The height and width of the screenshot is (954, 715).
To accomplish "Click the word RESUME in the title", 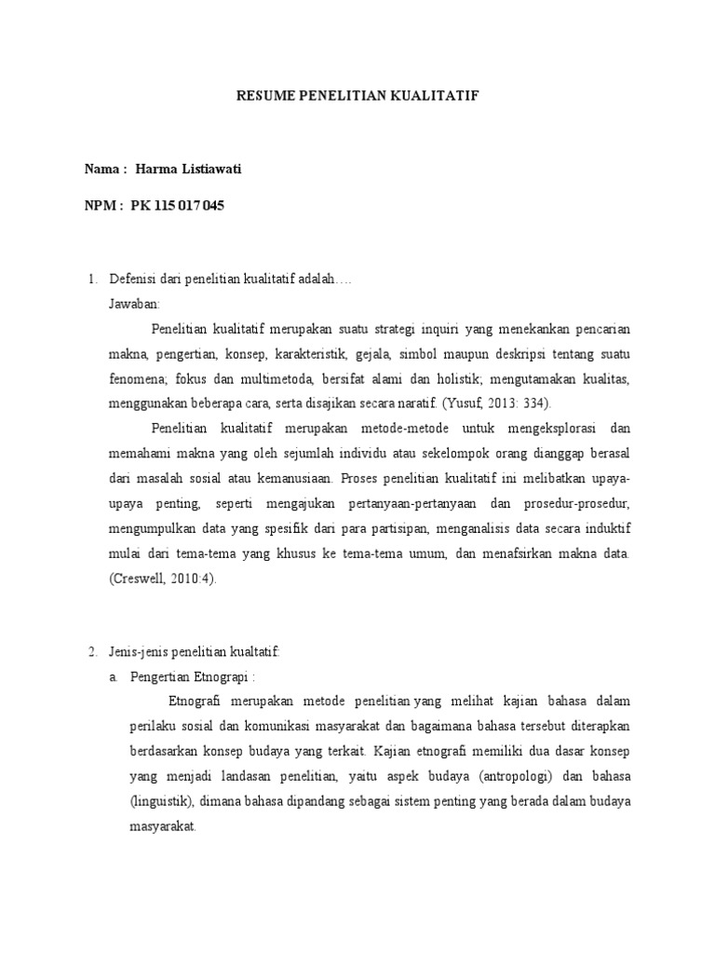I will click(x=266, y=96).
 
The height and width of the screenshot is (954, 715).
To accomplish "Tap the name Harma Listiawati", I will click(x=194, y=168).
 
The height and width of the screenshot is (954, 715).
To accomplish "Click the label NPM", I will click(x=101, y=205).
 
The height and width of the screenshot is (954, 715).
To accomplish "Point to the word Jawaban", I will click(x=134, y=304).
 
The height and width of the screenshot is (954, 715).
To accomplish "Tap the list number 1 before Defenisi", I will click(x=91, y=279).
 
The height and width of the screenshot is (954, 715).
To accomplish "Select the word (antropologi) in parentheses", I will click(x=506, y=773).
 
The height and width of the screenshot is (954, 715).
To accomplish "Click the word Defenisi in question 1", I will click(x=136, y=279).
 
